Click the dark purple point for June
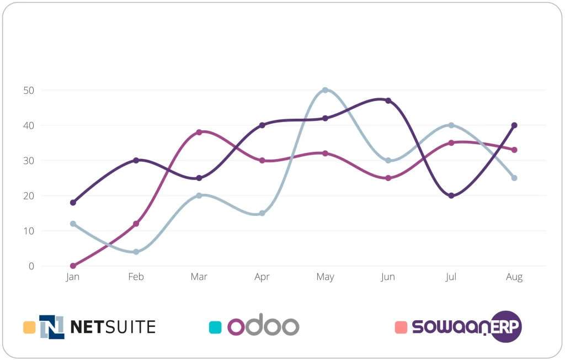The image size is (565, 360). pyautogui.click(x=388, y=100)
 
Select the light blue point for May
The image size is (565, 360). pyautogui.click(x=325, y=90)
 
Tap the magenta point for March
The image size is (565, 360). pyautogui.click(x=199, y=132)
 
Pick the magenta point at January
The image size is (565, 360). pyautogui.click(x=73, y=266)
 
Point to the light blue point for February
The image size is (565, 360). pyautogui.click(x=136, y=252)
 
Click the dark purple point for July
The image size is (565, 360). pyautogui.click(x=451, y=195)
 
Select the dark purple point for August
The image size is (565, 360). pyautogui.click(x=514, y=125)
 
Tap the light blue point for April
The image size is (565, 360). pyautogui.click(x=262, y=213)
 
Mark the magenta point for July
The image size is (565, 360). pyautogui.click(x=451, y=142)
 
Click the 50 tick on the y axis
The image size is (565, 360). pyautogui.click(x=29, y=90)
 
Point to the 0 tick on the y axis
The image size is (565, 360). pyautogui.click(x=31, y=266)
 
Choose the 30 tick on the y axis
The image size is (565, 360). pyautogui.click(x=29, y=161)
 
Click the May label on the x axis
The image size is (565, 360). pyautogui.click(x=325, y=277)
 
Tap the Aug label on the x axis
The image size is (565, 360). pyautogui.click(x=514, y=277)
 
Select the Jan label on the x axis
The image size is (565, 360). pyautogui.click(x=73, y=277)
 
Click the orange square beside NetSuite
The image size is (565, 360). pyautogui.click(x=29, y=327)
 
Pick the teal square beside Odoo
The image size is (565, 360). pyautogui.click(x=215, y=327)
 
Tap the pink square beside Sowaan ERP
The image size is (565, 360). pyautogui.click(x=401, y=327)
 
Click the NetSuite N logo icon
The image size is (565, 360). pyautogui.click(x=52, y=327)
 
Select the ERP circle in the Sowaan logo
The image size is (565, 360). pyautogui.click(x=506, y=327)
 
